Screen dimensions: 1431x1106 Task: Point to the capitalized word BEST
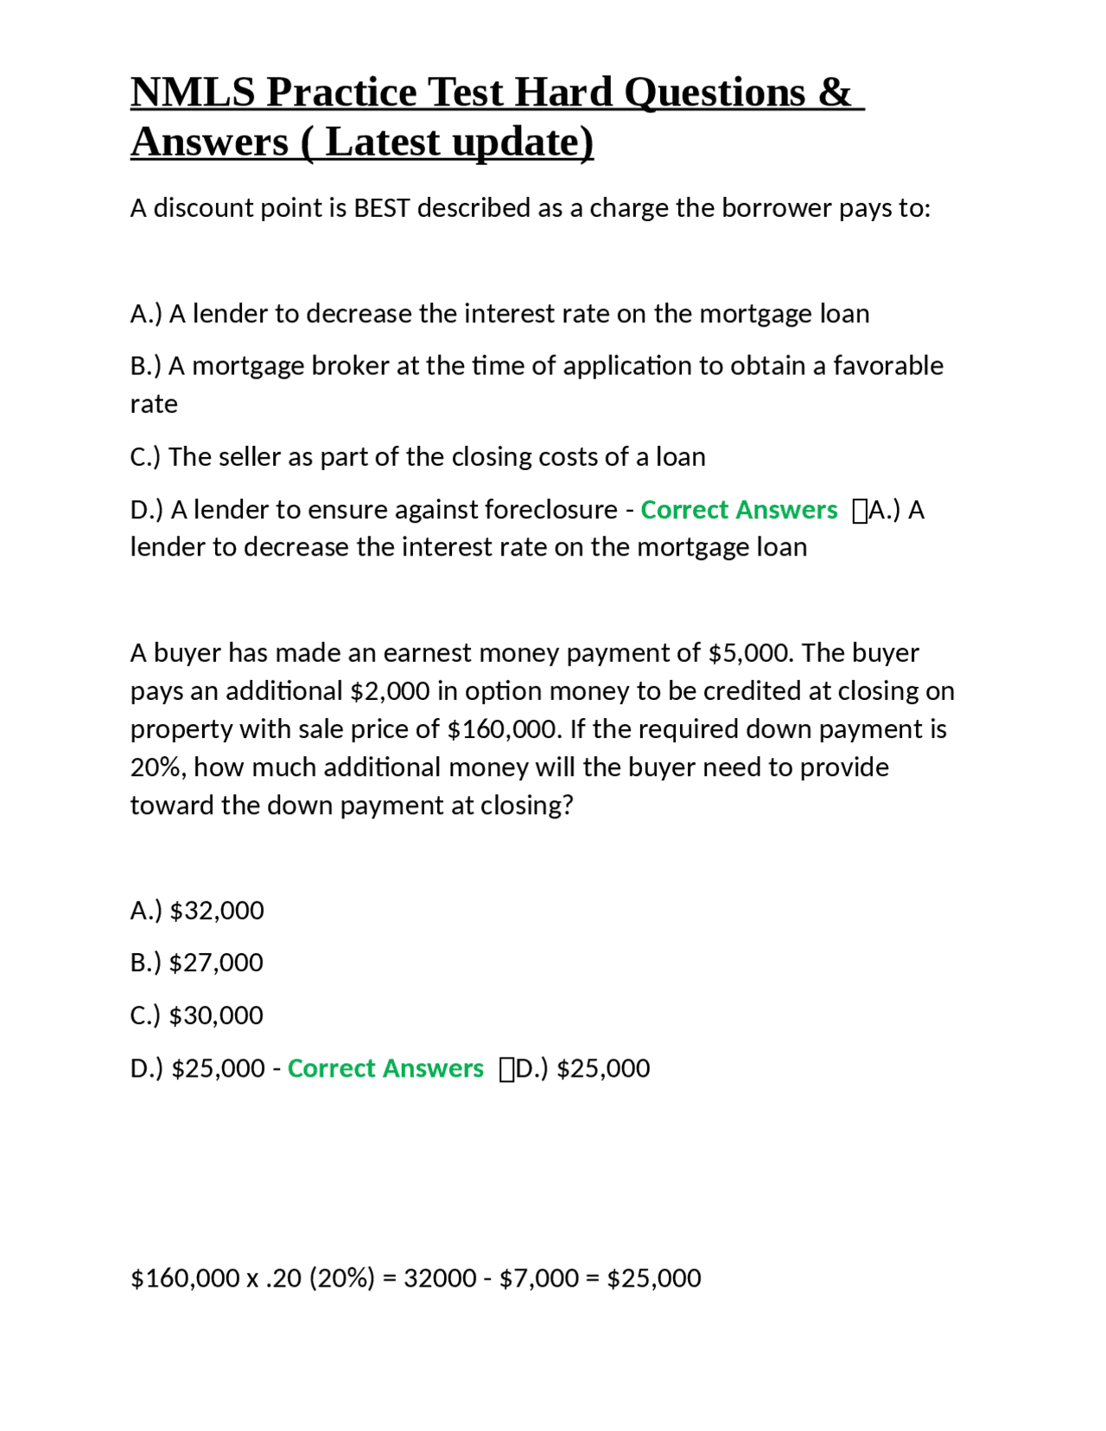(x=382, y=208)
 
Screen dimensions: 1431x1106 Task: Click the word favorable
(x=887, y=366)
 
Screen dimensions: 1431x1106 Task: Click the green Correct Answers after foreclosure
(x=739, y=510)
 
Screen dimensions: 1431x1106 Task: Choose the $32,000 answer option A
(x=217, y=911)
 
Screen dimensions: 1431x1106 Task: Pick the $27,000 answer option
(x=216, y=963)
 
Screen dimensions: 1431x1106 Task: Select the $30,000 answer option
(x=216, y=1015)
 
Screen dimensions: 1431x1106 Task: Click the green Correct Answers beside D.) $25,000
(x=385, y=1069)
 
